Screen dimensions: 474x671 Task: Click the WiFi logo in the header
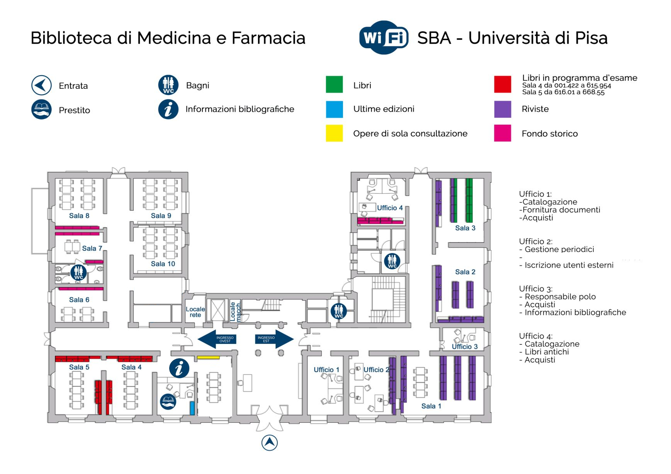click(x=383, y=37)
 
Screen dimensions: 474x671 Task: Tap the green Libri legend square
click(x=334, y=85)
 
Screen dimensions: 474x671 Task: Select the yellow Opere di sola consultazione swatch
click(x=334, y=133)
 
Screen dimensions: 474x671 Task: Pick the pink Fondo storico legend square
click(x=502, y=133)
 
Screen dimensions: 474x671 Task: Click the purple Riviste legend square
click(x=502, y=109)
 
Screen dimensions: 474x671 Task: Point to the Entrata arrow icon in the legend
click(x=41, y=85)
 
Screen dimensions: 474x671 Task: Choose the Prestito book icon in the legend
click(x=41, y=110)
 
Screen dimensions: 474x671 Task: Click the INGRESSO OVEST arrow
click(x=217, y=339)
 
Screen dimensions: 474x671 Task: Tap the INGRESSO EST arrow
click(x=274, y=339)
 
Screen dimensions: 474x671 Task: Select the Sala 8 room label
click(x=79, y=216)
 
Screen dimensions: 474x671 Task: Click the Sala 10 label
click(x=163, y=264)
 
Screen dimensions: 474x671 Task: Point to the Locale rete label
click(x=195, y=312)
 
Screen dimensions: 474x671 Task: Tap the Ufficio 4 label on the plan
click(x=389, y=208)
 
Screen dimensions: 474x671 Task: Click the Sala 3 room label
click(x=465, y=228)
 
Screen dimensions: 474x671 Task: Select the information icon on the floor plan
click(x=179, y=368)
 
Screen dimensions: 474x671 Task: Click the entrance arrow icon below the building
click(x=270, y=443)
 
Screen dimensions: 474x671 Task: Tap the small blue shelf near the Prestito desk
click(x=192, y=408)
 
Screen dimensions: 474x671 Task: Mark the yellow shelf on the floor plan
click(x=208, y=358)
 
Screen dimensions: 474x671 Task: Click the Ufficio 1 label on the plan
click(x=326, y=370)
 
